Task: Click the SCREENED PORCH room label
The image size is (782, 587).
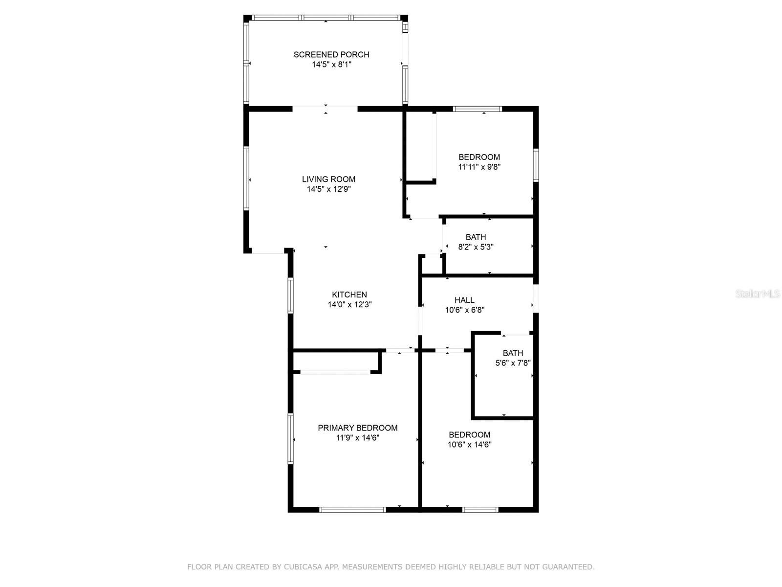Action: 331,54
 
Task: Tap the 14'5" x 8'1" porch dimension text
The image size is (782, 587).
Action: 332,65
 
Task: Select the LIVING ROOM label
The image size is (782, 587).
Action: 328,179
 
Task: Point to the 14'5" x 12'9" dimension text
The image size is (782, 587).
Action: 329,189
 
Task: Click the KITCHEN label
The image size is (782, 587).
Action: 349,295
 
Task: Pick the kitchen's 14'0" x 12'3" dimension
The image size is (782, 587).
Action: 349,305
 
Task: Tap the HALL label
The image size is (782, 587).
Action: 464,300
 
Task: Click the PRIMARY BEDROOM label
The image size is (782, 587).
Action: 357,428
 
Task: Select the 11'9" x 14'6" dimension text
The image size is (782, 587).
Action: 358,438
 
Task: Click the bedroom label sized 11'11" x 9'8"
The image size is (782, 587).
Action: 479,157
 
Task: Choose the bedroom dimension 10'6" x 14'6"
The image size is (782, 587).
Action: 469,445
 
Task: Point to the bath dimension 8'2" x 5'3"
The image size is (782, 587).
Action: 476,247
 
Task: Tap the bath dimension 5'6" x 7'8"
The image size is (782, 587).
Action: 513,363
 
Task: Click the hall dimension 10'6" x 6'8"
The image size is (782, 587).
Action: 465,310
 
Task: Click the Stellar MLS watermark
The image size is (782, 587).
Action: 758,294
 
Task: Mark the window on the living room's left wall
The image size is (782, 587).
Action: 246,178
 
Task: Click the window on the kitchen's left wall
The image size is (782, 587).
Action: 291,295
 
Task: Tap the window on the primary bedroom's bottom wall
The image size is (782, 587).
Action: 352,510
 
